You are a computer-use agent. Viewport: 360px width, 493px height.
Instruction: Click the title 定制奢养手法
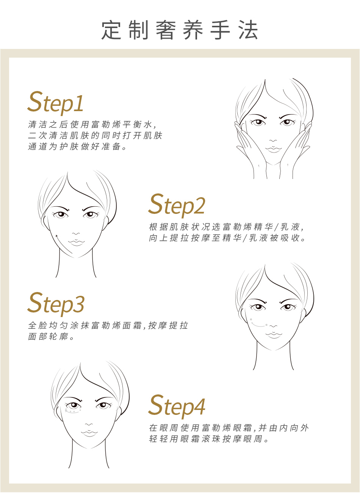[x=180, y=30]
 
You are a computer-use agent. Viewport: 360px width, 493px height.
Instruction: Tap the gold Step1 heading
[x=55, y=103]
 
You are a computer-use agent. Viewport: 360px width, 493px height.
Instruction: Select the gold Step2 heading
[x=177, y=205]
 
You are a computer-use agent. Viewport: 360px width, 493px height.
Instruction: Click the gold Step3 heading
[x=56, y=304]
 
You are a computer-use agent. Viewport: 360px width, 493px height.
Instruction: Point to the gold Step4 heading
[x=177, y=407]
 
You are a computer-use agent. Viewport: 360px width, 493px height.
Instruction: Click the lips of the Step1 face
[x=273, y=149]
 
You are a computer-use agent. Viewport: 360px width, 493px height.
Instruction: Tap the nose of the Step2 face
[x=76, y=234]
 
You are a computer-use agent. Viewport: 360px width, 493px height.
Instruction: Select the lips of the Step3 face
[x=274, y=334]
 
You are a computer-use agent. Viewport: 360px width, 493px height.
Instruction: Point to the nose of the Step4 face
[x=89, y=424]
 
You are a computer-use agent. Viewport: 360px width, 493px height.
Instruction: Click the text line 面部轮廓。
[x=51, y=336]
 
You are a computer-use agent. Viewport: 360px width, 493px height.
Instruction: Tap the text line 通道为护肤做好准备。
[x=77, y=146]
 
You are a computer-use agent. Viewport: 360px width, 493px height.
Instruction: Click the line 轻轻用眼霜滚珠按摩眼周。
[x=209, y=439]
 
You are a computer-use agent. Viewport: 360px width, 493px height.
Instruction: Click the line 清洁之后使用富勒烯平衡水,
[x=92, y=124]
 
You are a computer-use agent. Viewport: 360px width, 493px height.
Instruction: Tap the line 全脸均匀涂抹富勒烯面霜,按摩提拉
[x=108, y=325]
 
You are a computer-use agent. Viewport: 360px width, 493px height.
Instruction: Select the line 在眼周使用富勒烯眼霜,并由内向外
[x=229, y=428]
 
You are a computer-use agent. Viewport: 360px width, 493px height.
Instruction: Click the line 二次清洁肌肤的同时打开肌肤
[x=95, y=136]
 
